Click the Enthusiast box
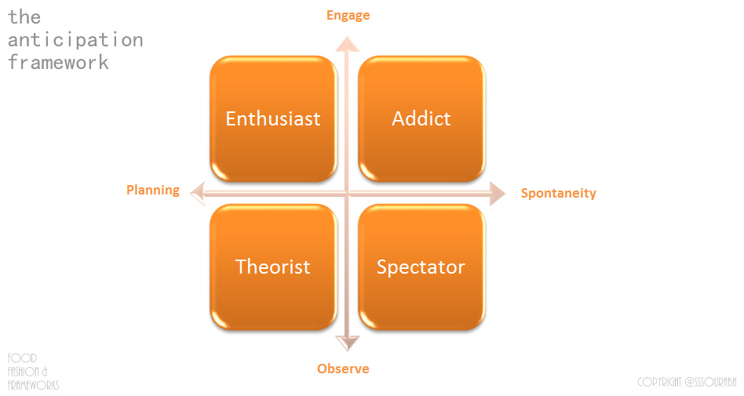(272, 118)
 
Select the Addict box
(421, 118)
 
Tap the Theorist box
(272, 267)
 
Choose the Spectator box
(421, 267)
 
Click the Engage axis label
(348, 15)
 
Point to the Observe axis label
(343, 369)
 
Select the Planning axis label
(153, 190)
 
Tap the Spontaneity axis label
(559, 193)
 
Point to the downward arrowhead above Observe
(347, 342)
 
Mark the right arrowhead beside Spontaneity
(497, 193)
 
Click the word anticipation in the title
(75, 40)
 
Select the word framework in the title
(58, 63)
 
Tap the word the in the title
(24, 16)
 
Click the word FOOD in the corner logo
(22, 358)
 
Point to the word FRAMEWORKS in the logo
(33, 385)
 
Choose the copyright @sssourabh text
(687, 382)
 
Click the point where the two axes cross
(347, 193)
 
